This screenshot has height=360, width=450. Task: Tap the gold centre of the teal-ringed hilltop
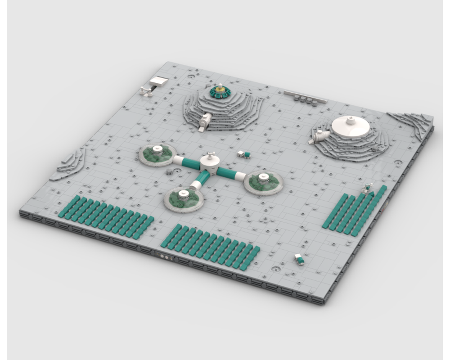[219, 91]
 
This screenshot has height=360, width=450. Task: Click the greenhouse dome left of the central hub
[156, 154]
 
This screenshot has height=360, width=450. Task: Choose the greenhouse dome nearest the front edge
[183, 199]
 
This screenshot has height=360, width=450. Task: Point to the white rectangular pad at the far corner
[159, 81]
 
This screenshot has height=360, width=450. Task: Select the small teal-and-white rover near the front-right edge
[299, 259]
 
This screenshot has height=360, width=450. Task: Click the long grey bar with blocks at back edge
[304, 96]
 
